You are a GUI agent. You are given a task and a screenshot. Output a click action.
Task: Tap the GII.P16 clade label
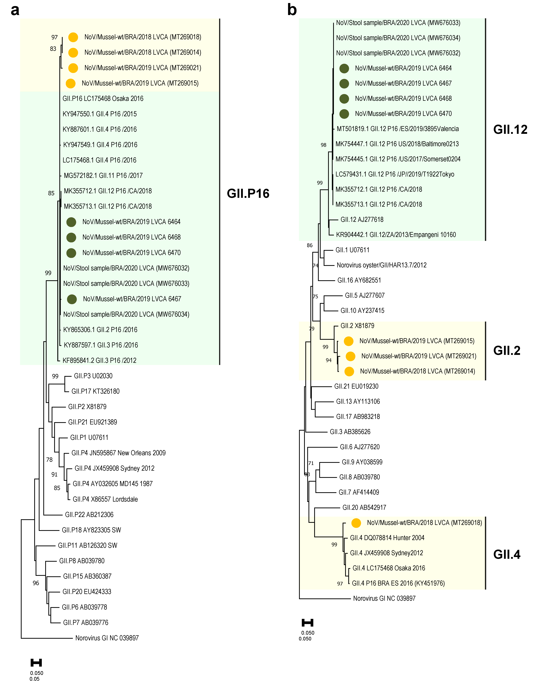click(x=248, y=193)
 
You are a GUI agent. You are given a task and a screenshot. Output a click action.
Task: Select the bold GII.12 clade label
click(x=510, y=129)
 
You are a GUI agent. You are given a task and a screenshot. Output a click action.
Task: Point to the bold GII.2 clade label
click(x=507, y=351)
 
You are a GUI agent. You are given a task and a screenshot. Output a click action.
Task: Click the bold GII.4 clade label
click(x=507, y=554)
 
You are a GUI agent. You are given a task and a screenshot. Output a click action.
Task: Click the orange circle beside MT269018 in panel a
click(x=73, y=37)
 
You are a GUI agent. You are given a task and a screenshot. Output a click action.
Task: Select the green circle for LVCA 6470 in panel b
click(x=344, y=114)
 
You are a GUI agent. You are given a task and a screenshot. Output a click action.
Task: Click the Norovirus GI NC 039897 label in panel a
click(x=107, y=638)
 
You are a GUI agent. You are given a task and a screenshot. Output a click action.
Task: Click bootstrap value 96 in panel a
click(x=36, y=583)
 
